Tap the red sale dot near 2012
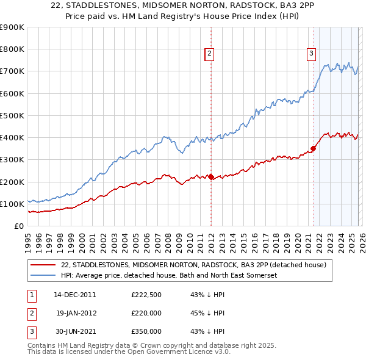click(211, 177)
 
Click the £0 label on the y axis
click(18, 226)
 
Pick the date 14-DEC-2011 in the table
click(74, 294)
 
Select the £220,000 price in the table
click(146, 312)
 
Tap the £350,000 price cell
click(146, 331)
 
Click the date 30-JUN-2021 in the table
click(74, 331)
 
